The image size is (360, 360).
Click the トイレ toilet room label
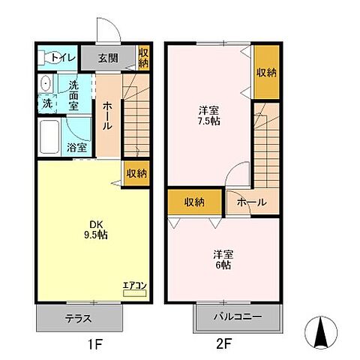pyautogui.click(x=63, y=56)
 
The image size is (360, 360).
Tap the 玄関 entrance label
pyautogui.click(x=109, y=57)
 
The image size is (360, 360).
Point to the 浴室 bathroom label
pyautogui.click(x=76, y=148)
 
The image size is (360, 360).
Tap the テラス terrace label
pyautogui.click(x=79, y=318)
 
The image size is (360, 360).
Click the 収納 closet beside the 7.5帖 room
pyautogui.click(x=266, y=73)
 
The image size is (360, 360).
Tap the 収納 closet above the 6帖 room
pyautogui.click(x=195, y=200)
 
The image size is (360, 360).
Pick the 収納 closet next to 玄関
pyautogui.click(x=142, y=58)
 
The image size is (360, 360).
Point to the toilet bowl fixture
pyautogui.click(x=46, y=57)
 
